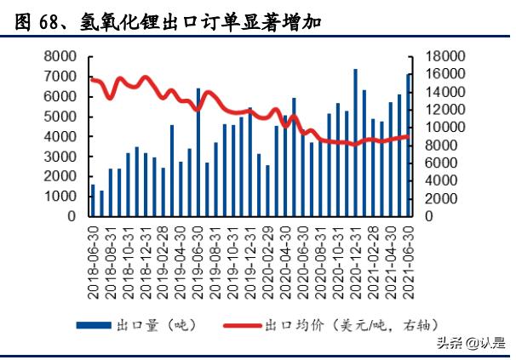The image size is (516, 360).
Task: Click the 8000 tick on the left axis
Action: point(61,56)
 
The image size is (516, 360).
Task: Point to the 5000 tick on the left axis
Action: point(61,117)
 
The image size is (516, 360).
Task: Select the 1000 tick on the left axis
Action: point(61,197)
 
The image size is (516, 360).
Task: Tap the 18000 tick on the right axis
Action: point(437,56)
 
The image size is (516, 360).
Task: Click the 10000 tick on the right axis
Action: point(437,128)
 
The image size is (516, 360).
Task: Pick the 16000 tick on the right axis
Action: point(437,74)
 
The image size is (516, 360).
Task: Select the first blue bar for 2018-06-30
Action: point(93,201)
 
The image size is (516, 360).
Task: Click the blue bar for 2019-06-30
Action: point(198,152)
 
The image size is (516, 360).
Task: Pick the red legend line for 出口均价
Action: point(244,325)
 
